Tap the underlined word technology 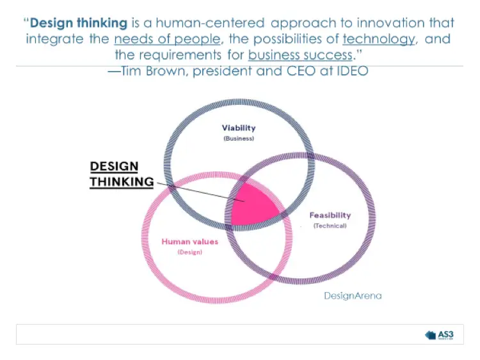click(x=378, y=39)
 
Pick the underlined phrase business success click(x=300, y=55)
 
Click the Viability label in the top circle click(x=239, y=128)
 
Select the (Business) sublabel click(x=239, y=138)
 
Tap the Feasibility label click(x=330, y=215)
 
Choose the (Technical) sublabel click(x=330, y=226)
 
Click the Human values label click(x=189, y=242)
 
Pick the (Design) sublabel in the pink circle click(x=189, y=253)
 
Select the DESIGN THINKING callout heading click(x=122, y=174)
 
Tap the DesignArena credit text click(x=353, y=295)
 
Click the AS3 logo click(x=441, y=334)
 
